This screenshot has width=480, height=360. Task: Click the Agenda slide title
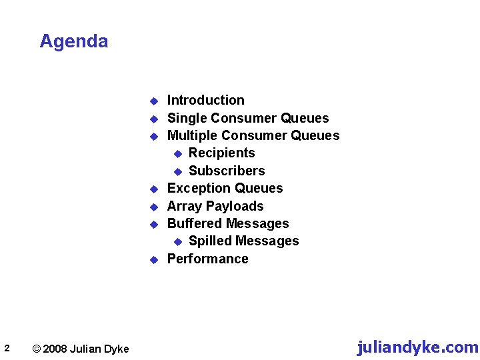tap(73, 41)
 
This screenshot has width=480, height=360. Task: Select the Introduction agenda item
tap(205, 101)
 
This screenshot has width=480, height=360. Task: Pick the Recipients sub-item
tap(221, 153)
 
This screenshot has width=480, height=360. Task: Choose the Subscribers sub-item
tap(227, 171)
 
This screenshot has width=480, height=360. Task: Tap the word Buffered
tap(193, 223)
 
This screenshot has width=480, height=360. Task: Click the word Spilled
tap(209, 241)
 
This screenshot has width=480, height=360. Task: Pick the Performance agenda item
tap(207, 259)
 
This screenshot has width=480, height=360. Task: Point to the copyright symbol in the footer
tap(37, 349)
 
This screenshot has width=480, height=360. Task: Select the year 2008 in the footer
tap(55, 349)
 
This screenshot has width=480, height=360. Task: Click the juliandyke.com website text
tap(417, 347)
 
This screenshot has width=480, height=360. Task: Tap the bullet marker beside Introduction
tap(152, 101)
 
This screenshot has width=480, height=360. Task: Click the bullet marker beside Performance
tap(152, 259)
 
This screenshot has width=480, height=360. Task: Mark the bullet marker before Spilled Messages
tap(178, 241)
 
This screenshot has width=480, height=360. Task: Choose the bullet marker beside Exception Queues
tap(152, 189)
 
